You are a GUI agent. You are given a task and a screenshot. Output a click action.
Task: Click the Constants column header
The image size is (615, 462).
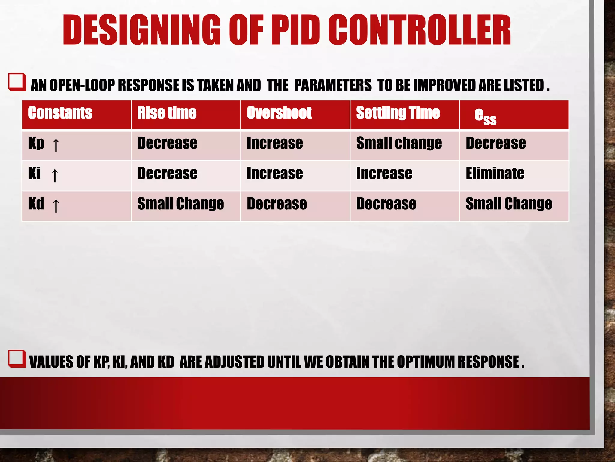(60, 113)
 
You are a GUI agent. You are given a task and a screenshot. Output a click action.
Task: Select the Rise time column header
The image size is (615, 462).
(167, 113)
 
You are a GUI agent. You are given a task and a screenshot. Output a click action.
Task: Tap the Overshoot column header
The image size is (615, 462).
(279, 113)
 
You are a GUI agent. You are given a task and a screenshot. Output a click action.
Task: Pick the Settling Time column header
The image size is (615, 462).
(398, 113)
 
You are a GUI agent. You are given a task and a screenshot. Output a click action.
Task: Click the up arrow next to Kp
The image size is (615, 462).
(56, 145)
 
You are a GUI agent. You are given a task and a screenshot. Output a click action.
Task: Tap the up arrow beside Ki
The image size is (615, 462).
(55, 175)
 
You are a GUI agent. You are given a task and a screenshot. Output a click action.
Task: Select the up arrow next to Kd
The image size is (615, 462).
(56, 205)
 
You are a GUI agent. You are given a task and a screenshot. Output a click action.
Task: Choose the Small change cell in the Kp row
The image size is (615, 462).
(399, 143)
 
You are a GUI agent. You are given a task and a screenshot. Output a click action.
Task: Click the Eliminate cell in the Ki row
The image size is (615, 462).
(495, 174)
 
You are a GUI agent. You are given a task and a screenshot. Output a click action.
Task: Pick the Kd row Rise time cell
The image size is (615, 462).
(180, 204)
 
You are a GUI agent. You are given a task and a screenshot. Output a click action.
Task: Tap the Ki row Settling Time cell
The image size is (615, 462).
(384, 174)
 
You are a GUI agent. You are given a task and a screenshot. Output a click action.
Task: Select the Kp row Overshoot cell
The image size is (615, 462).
(275, 143)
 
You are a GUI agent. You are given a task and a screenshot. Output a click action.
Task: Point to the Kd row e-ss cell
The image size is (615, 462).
(509, 204)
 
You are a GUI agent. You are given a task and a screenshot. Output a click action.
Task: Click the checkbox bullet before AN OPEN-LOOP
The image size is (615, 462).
(17, 82)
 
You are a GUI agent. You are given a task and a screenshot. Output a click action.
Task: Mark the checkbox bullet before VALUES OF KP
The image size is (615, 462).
(17, 359)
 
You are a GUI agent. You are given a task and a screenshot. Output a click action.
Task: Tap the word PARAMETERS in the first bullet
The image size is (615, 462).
(333, 85)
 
